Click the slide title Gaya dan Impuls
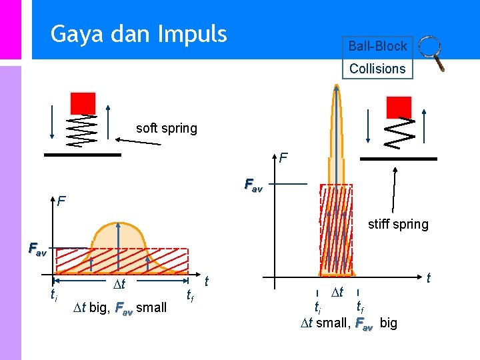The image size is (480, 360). (x=139, y=33)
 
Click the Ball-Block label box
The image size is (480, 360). (x=377, y=46)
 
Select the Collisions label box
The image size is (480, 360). (x=377, y=68)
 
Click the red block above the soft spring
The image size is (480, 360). (x=83, y=103)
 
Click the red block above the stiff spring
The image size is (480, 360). (x=399, y=107)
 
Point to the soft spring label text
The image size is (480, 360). (x=166, y=128)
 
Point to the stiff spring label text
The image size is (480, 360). (x=398, y=224)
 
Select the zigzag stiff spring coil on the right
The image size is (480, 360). (x=401, y=133)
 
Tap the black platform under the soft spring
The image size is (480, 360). (x=83, y=155)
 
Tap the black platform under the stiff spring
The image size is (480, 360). (x=398, y=159)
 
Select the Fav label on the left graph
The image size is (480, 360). (x=37, y=250)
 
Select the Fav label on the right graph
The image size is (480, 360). (x=253, y=184)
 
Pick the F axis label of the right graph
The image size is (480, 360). (x=284, y=158)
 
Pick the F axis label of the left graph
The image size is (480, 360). (x=61, y=200)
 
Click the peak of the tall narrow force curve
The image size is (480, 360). (x=337, y=87)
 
